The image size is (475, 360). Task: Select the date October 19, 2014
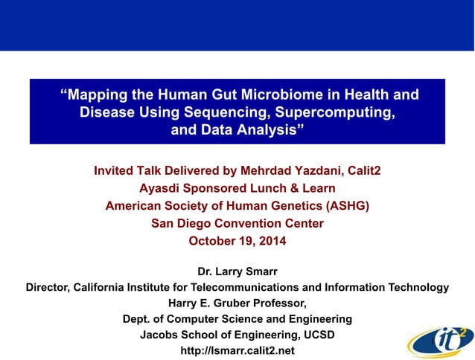point(238,240)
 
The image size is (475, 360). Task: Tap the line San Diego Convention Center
point(238,223)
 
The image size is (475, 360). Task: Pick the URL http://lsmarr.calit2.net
point(238,350)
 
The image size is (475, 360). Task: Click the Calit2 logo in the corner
point(439,339)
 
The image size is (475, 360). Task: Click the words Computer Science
point(221,318)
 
